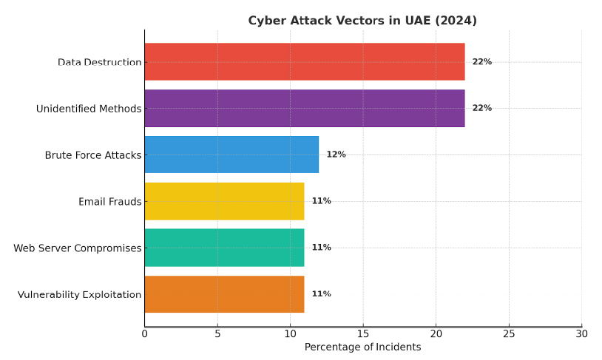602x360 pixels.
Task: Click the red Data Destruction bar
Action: coord(304,61)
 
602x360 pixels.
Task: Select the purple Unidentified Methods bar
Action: coord(304,108)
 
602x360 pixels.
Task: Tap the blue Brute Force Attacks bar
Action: coord(231,154)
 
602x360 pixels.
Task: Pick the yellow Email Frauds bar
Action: coord(224,201)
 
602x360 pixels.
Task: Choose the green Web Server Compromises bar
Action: coord(224,248)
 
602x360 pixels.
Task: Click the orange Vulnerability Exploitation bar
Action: coord(224,294)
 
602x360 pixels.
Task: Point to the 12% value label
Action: coord(336,154)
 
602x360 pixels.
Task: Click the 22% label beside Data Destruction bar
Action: coord(481,62)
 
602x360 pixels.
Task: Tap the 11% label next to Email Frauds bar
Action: coord(321,201)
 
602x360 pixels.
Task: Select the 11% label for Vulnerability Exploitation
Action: coord(321,294)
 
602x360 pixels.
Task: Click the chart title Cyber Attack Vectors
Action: coord(362,21)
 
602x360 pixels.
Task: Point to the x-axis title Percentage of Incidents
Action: coord(362,347)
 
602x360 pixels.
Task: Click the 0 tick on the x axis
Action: coord(145,334)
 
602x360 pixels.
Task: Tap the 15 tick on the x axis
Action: coord(363,334)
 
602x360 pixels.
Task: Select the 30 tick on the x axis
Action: coord(582,334)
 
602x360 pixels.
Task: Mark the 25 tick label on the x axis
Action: coord(509,334)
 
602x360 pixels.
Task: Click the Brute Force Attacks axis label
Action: coord(92,155)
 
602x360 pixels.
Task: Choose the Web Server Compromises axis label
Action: coord(77,248)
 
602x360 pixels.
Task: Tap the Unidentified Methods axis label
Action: coord(89,109)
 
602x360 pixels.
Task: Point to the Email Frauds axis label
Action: coord(109,202)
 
